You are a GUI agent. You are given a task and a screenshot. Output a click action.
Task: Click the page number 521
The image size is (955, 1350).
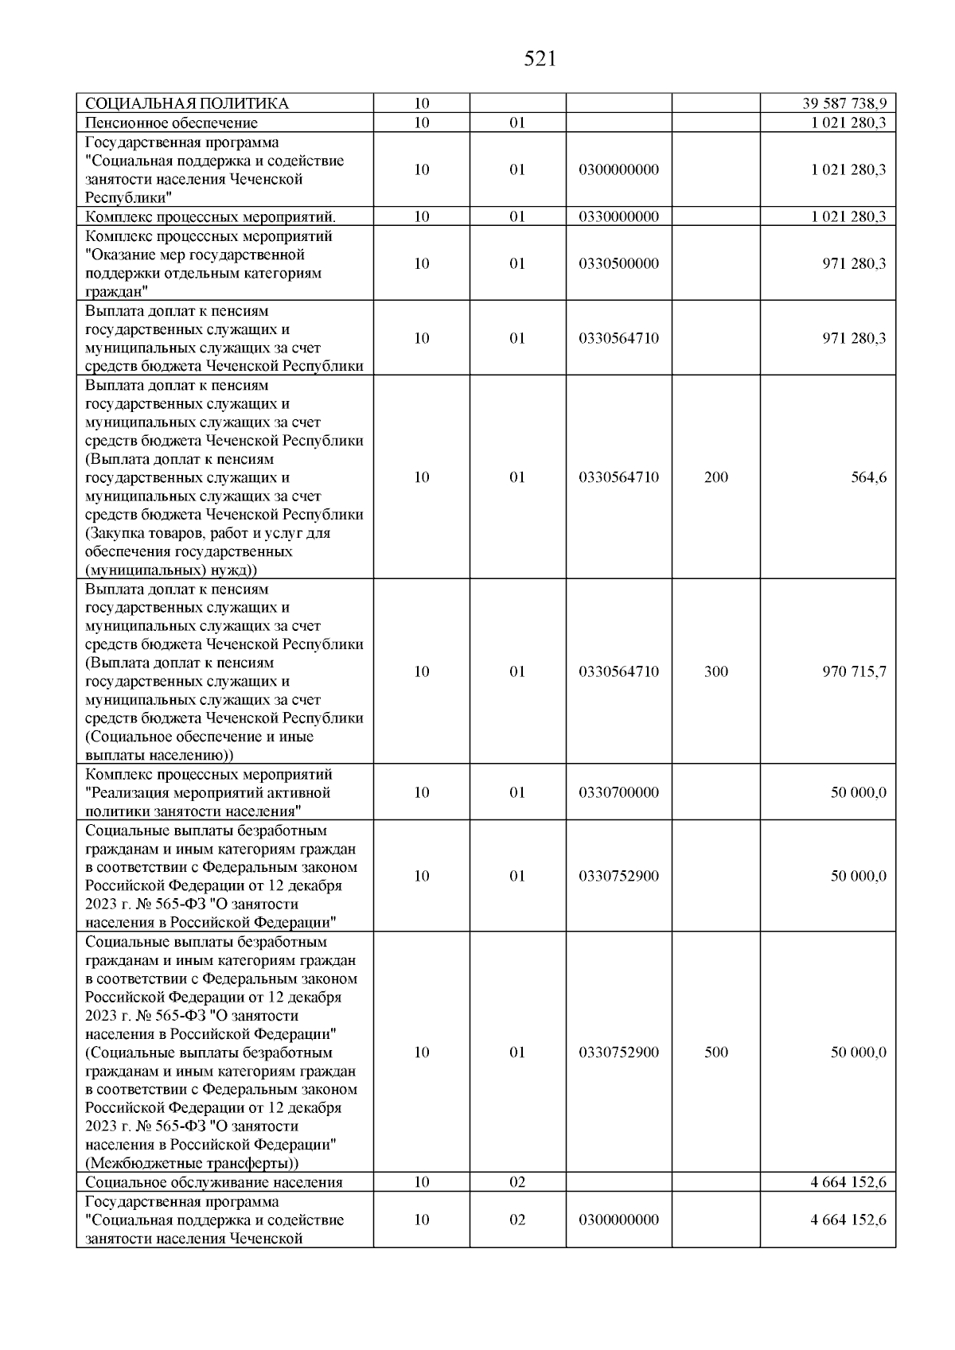(x=540, y=60)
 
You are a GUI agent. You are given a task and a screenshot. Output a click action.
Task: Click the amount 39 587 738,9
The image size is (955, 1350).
(x=844, y=103)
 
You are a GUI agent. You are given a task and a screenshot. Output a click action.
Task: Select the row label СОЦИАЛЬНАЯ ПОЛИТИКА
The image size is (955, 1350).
(x=186, y=103)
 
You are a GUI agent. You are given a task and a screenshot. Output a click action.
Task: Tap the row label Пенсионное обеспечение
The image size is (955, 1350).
(x=171, y=123)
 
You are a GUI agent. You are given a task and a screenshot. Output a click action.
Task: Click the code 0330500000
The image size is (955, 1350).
(x=619, y=264)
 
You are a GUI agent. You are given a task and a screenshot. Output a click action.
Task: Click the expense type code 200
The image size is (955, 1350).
(x=716, y=477)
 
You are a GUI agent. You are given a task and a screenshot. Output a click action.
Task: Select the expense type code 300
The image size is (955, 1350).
(x=716, y=671)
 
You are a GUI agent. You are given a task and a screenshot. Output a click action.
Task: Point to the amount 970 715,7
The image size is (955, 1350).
(x=854, y=671)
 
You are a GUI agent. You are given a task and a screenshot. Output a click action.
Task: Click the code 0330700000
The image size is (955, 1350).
(x=619, y=792)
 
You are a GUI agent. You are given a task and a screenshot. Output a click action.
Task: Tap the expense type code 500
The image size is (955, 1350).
(x=716, y=1052)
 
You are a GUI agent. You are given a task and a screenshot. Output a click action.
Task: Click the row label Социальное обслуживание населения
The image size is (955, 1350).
(x=213, y=1182)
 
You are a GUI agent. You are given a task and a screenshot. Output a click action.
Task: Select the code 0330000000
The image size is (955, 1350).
(x=619, y=216)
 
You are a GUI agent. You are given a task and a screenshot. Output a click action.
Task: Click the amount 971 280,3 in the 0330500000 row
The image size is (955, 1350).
(x=854, y=264)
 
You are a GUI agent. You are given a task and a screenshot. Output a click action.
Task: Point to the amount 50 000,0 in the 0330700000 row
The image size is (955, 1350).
(x=859, y=792)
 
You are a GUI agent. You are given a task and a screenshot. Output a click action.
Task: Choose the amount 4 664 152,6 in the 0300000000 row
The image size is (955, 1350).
(x=848, y=1220)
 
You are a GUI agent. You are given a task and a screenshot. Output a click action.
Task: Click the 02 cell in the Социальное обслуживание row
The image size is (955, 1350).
(x=517, y=1182)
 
